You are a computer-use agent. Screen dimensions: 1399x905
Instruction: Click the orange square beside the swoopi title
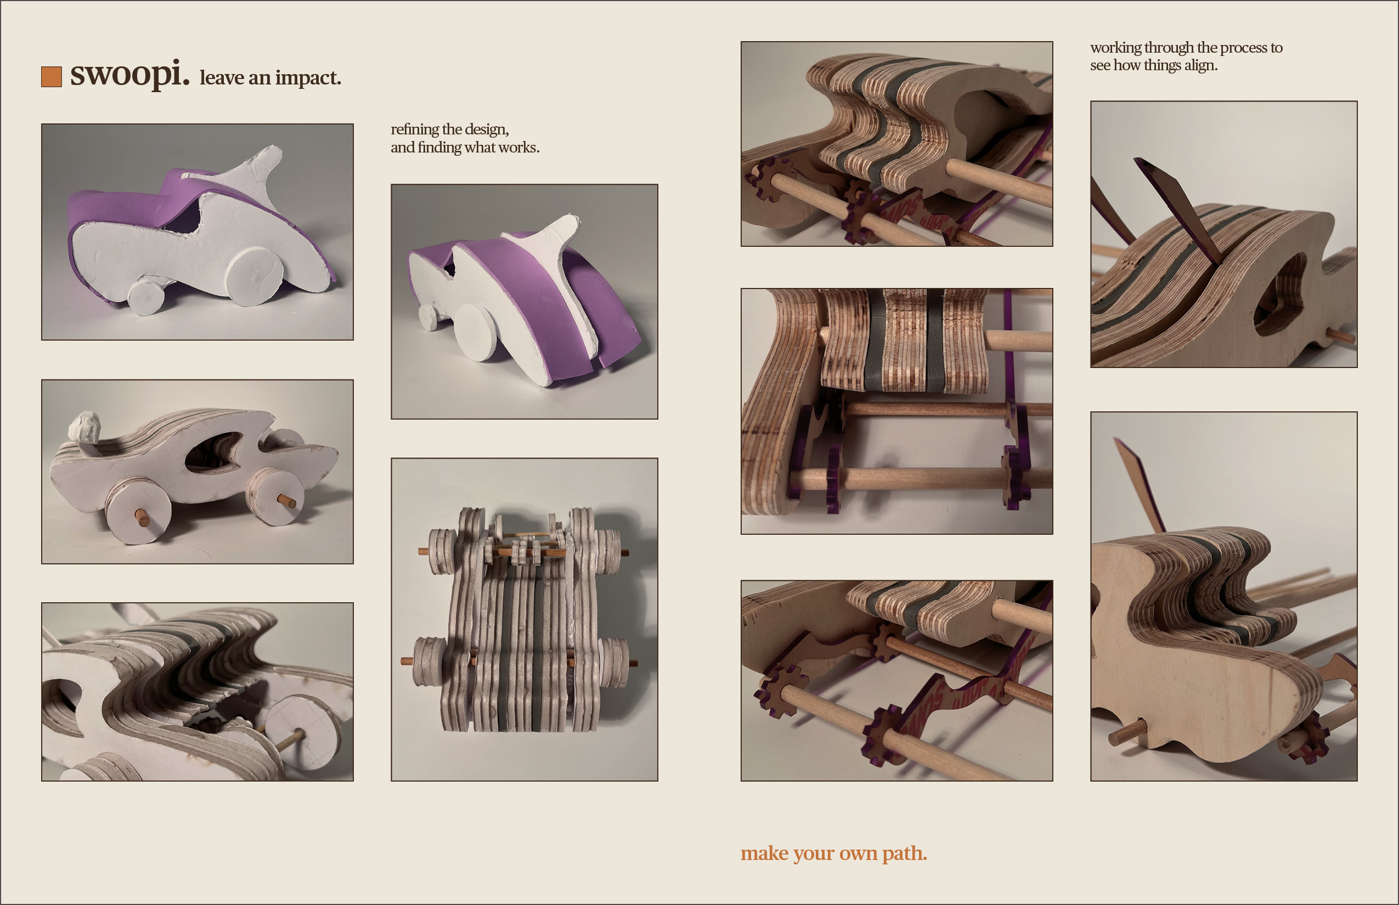(x=51, y=77)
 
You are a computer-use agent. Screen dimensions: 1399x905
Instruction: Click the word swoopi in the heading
(x=130, y=75)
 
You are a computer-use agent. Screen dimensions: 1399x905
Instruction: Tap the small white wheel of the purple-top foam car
(x=145, y=297)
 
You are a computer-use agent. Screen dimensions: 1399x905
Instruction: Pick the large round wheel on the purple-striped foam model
(x=480, y=331)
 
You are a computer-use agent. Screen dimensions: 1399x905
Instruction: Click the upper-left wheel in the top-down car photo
(x=442, y=552)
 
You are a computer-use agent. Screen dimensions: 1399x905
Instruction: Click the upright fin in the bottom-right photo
(x=1139, y=485)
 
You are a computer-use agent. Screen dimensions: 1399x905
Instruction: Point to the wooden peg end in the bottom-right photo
(x=1126, y=733)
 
